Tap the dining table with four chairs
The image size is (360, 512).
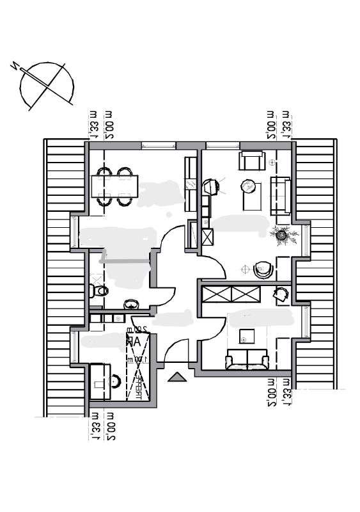point(113,186)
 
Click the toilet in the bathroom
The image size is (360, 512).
point(98,291)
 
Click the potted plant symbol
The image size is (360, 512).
point(281,236)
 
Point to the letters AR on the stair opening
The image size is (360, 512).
point(134,342)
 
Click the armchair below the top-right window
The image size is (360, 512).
point(252,161)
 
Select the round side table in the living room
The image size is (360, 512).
point(248,186)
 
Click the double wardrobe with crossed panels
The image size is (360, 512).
point(231,295)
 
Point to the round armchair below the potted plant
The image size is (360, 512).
point(262,270)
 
